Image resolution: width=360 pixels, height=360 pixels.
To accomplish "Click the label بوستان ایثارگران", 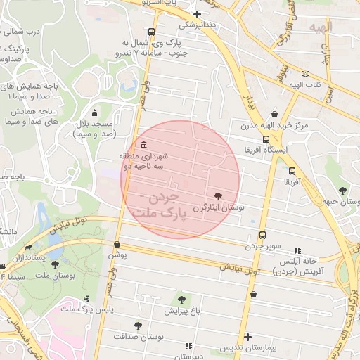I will pos(221,208).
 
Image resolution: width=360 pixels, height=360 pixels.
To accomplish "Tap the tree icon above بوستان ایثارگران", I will pos(217,196).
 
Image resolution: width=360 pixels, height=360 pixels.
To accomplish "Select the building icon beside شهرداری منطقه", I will pos(144,146).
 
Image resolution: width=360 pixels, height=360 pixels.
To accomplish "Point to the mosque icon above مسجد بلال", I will pos(95,113).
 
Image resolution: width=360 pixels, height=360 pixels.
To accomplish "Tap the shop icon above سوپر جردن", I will pos(262,236).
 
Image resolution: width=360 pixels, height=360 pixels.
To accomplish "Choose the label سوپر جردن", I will pos(262,246).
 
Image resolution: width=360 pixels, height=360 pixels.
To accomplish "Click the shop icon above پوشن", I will pos(117,245).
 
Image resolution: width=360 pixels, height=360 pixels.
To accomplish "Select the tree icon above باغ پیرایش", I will pos(182,300).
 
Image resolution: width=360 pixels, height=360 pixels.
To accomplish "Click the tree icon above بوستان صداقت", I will pos(138,326).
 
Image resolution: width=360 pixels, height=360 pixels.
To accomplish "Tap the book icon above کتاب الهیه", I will pos(305,73).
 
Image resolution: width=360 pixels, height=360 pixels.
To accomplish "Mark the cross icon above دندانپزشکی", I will pos(198,14).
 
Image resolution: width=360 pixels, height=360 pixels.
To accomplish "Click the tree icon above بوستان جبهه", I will pos(342,190).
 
